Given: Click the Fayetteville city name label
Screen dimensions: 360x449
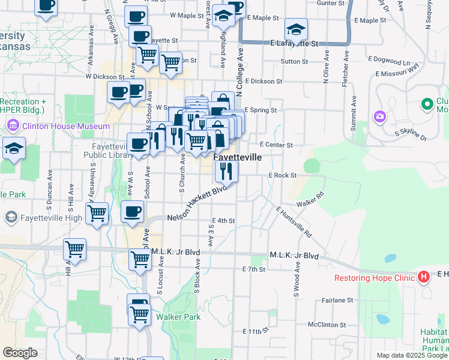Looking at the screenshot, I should (238, 157).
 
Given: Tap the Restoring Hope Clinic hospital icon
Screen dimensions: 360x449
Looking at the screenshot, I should (424, 277).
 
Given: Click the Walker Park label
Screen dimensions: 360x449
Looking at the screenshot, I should (178, 317).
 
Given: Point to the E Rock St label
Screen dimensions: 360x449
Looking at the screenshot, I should (283, 175).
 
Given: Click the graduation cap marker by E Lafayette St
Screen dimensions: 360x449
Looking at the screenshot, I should (296, 29).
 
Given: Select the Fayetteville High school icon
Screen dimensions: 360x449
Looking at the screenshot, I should (10, 217).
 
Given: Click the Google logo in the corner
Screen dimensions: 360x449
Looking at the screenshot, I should (20, 353).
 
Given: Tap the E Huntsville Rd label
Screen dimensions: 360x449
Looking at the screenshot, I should (294, 221).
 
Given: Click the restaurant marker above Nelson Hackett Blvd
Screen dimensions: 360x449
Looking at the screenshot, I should (226, 170).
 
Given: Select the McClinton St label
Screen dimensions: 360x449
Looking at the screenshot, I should (327, 325).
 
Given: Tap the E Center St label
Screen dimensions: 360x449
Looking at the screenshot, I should (276, 145).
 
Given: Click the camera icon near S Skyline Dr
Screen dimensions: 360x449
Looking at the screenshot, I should (379, 116).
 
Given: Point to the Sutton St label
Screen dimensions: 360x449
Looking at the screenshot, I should (294, 61).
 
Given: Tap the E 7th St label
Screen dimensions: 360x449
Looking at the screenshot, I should (253, 269).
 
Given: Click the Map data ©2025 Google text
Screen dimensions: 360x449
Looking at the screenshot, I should (412, 355).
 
